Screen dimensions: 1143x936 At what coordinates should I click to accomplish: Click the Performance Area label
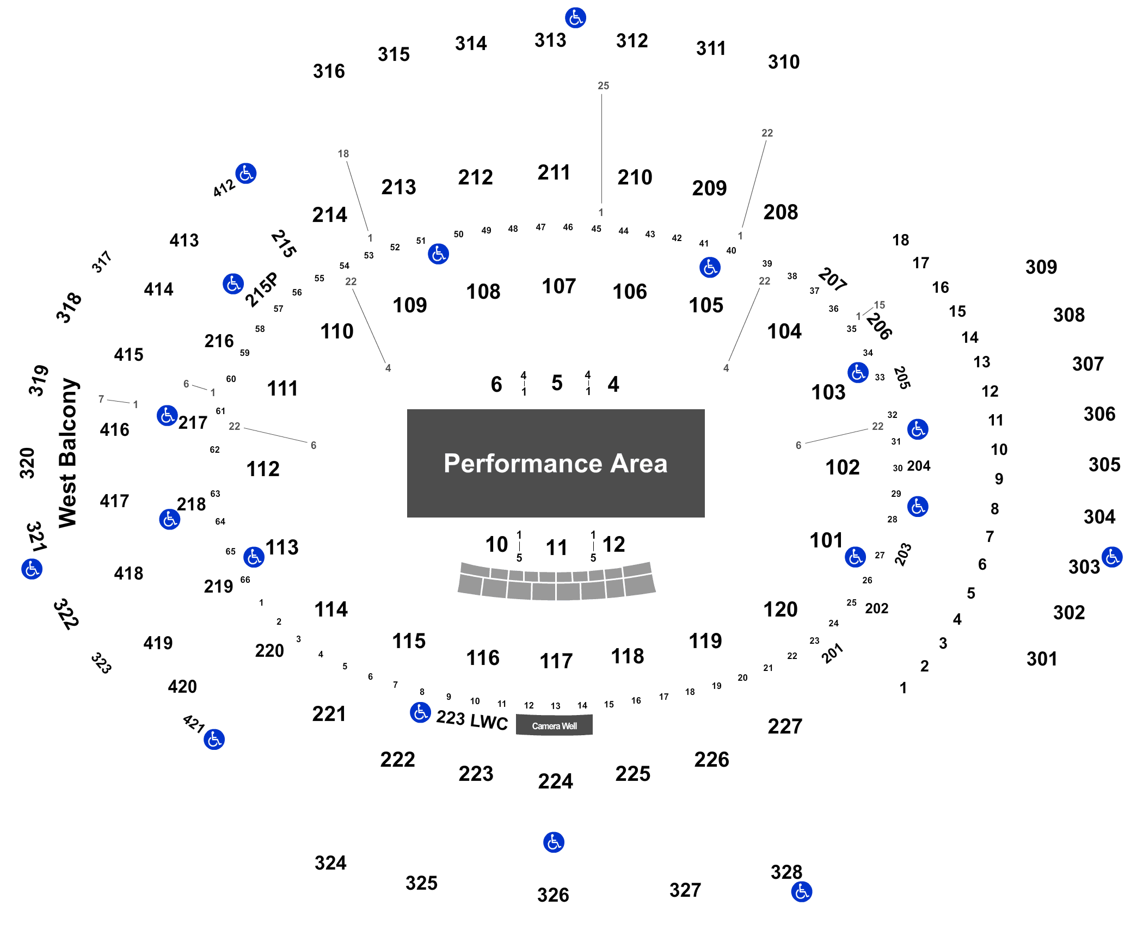point(555,464)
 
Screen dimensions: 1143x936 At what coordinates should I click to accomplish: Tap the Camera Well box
point(554,725)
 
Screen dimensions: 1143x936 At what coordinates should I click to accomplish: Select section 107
point(558,286)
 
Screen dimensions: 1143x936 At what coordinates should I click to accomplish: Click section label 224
point(555,781)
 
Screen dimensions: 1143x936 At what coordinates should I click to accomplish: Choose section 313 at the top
point(550,40)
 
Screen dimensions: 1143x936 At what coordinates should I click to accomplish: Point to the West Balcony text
point(68,453)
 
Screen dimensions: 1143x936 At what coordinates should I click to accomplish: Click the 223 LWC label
point(472,720)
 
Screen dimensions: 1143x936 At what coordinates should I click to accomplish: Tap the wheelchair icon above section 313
point(575,18)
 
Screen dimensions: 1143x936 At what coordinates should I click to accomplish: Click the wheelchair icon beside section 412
point(246,174)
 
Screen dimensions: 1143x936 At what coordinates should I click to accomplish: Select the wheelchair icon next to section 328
point(802,892)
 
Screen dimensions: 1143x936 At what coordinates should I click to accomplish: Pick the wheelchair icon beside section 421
point(214,740)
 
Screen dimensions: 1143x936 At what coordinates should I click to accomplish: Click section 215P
point(261,290)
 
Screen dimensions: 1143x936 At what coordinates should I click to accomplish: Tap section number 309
point(1041,267)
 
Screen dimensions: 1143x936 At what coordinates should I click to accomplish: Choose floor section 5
point(557,383)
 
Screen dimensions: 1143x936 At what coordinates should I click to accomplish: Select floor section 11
point(556,547)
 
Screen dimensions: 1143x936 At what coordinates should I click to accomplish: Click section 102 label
point(843,467)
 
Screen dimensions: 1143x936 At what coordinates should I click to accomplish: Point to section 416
point(115,430)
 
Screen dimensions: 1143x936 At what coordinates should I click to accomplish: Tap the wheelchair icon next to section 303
point(1112,557)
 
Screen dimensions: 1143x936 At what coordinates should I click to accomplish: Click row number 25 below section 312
point(603,86)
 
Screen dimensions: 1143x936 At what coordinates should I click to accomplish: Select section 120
point(781,609)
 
